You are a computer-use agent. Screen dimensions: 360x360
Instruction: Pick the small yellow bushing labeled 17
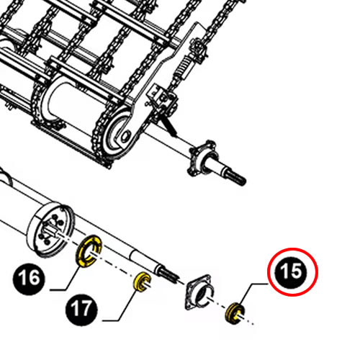140,282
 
